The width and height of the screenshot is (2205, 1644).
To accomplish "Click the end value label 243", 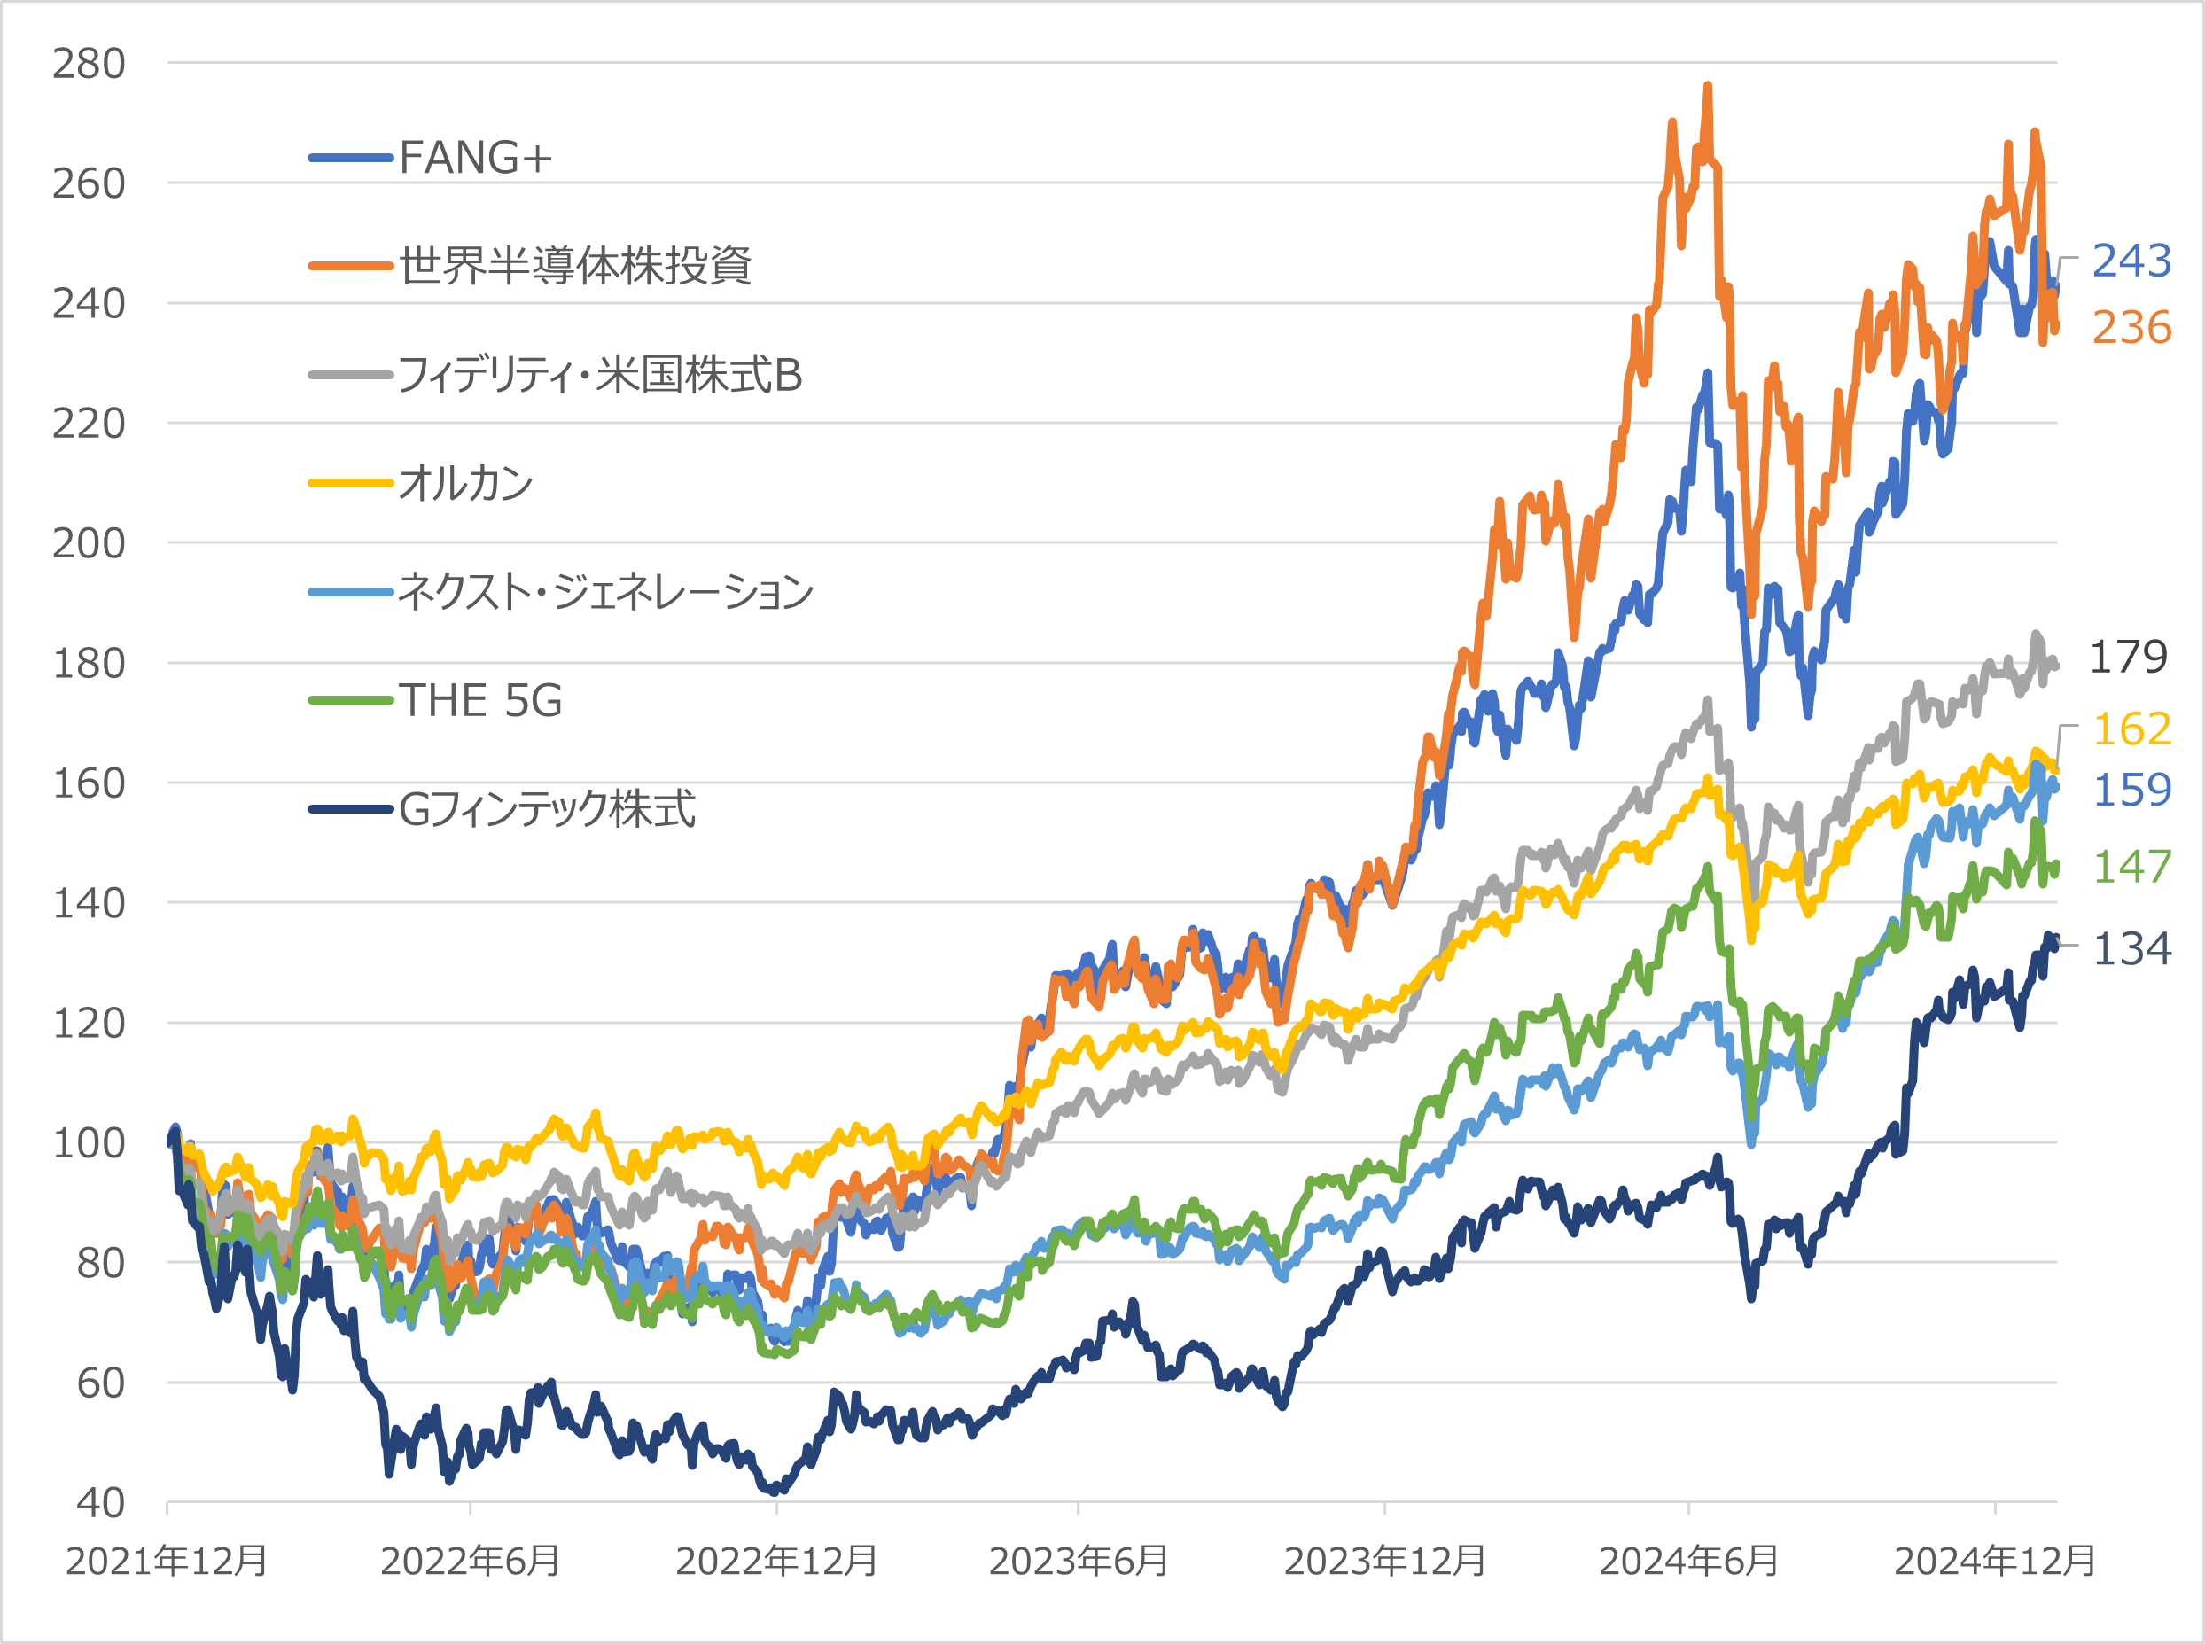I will point(2131,261).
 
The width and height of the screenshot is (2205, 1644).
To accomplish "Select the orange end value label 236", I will point(2131,327).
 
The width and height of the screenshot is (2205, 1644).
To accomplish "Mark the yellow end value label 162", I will point(2131,729).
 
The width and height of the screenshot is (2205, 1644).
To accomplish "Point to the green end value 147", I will point(2131,867).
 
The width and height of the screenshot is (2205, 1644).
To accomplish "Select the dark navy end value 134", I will point(2131,948).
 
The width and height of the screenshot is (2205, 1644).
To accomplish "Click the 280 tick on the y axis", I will point(89,64).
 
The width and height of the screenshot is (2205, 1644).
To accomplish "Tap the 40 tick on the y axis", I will point(100,1503).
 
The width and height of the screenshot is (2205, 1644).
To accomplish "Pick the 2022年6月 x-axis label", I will point(470,1561).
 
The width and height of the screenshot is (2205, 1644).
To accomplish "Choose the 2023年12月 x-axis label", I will point(1384,1561).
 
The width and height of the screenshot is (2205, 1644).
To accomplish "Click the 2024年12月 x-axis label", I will point(1994,1561).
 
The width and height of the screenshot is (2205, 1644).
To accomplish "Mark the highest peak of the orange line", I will point(1708,87).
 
